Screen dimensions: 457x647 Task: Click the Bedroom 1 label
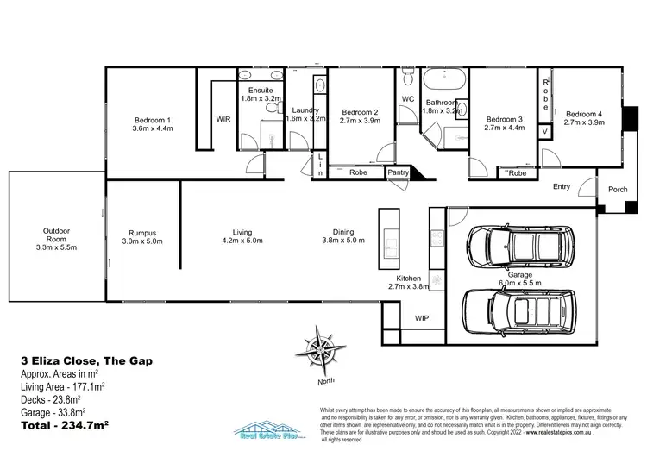(152, 120)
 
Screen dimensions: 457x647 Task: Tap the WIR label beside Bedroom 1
(223, 120)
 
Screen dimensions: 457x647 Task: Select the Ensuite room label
(260, 90)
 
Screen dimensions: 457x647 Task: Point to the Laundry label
(305, 110)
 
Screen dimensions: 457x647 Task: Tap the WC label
(408, 99)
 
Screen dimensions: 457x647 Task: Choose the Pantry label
(398, 172)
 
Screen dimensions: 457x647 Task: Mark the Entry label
(562, 186)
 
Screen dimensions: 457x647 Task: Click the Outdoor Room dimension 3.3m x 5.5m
(56, 247)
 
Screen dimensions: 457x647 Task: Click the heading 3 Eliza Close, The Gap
(85, 361)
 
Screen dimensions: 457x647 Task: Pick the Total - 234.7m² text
(70, 425)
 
